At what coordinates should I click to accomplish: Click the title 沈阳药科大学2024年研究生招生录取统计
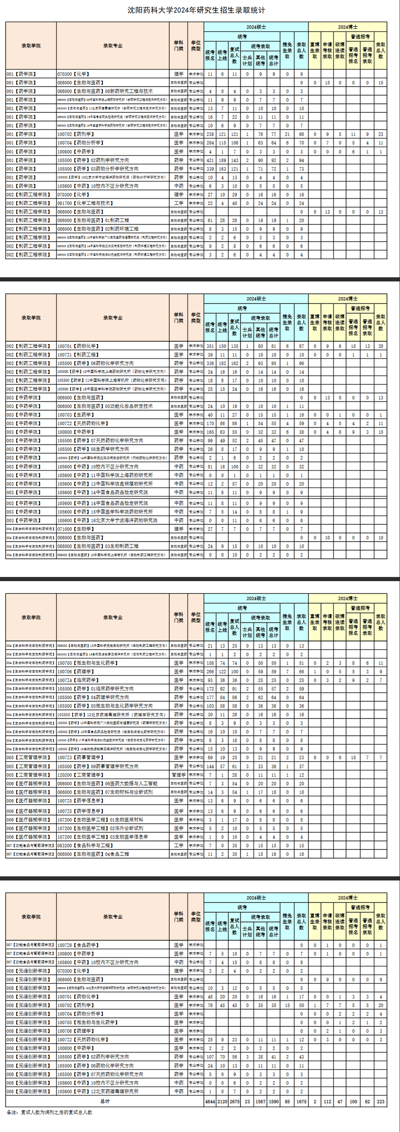coord(196,10)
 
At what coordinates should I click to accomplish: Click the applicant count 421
coord(210,160)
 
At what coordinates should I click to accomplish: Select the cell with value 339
coord(210,169)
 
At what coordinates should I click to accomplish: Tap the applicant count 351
coord(210,346)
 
